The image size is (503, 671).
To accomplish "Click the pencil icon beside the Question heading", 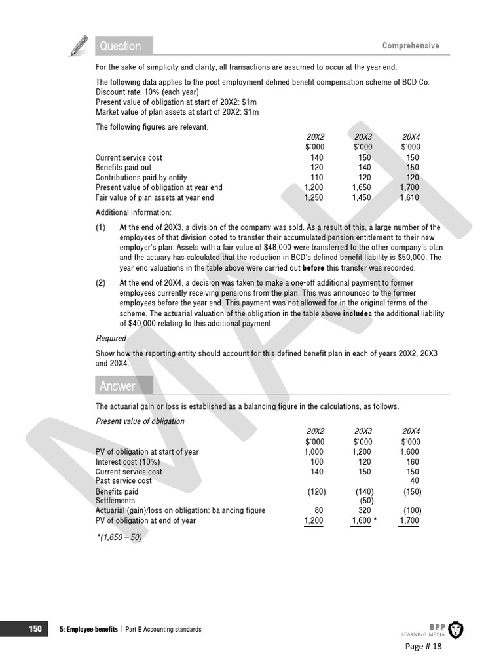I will coord(78,46).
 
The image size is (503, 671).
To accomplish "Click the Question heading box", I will coord(124,46).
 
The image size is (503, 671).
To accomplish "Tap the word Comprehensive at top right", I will coord(411,46).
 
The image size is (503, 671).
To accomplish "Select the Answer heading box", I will coord(124,386).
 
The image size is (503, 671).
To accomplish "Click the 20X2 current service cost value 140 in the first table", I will coord(316,157).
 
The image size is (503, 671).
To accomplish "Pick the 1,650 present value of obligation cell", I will coord(362,187).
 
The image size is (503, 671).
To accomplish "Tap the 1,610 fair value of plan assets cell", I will coord(409,197).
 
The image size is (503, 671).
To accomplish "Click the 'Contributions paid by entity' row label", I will coord(141,178).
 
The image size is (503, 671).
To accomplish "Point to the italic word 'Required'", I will coord(111,339).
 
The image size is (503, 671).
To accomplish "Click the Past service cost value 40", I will coord(414,481).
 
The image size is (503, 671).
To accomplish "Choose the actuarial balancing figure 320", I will coord(365,510).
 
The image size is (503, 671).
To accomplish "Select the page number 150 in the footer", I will coord(35,629).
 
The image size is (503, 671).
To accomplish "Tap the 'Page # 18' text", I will coord(424,647).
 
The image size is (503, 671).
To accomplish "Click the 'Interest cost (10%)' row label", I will coord(128,462).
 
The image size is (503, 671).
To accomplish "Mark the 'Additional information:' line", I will coord(134,212).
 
